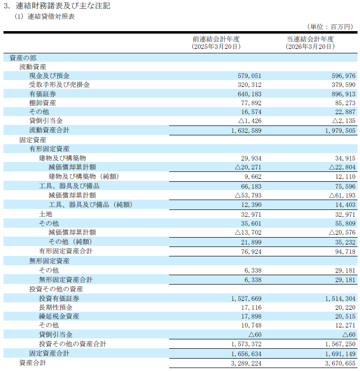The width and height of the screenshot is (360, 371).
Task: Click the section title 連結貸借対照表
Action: click(x=51, y=17)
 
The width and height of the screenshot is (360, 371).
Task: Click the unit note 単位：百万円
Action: click(x=330, y=27)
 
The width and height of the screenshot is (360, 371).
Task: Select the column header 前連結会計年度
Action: click(x=216, y=39)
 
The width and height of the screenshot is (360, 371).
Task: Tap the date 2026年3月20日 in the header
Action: click(x=310, y=46)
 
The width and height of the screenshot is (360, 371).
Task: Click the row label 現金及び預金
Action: click(x=49, y=76)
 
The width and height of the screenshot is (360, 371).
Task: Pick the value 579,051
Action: click(x=249, y=76)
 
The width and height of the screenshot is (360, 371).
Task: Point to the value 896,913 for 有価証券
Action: click(x=343, y=94)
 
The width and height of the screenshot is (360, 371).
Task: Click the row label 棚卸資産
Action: click(x=43, y=103)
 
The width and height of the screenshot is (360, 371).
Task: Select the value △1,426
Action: click(x=250, y=121)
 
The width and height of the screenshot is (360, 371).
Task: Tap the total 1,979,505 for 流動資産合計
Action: click(x=340, y=130)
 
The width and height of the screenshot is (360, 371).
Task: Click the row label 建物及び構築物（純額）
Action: click(x=84, y=176)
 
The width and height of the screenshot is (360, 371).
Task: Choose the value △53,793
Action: click(x=248, y=195)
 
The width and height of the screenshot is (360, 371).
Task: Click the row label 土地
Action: click(x=45, y=214)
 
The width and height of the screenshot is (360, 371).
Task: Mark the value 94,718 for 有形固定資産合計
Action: click(x=345, y=251)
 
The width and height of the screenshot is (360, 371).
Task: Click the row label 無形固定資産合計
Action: click(x=66, y=280)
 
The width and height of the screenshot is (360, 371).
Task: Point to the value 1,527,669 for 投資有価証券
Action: click(x=246, y=298)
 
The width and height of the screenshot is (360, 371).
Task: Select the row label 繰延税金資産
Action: click(x=59, y=316)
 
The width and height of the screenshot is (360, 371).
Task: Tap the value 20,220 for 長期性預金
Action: click(x=345, y=307)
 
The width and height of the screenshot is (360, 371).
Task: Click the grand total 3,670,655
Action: click(x=340, y=363)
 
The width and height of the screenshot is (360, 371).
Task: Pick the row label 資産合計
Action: click(x=33, y=363)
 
